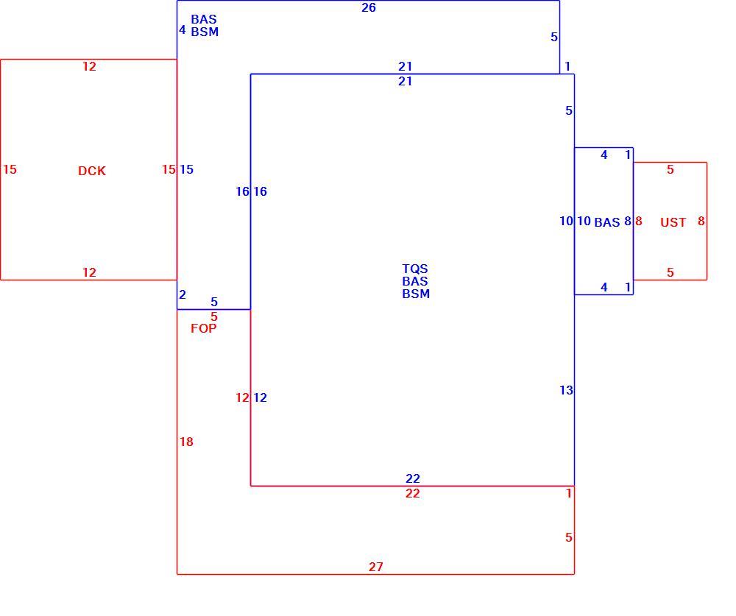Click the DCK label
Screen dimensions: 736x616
click(x=92, y=171)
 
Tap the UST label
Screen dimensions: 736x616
click(x=673, y=222)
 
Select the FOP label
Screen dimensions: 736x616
click(x=204, y=328)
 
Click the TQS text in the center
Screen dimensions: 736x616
click(x=415, y=269)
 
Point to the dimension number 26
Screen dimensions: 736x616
click(x=369, y=7)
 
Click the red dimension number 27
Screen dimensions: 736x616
click(x=375, y=567)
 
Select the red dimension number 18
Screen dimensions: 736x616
click(x=186, y=442)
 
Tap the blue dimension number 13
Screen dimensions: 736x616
click(x=566, y=390)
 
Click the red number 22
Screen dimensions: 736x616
click(x=413, y=493)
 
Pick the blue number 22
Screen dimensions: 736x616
click(x=413, y=478)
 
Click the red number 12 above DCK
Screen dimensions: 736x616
click(x=89, y=67)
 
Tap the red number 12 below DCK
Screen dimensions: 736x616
click(x=89, y=272)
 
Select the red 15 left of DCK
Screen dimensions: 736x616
click(x=10, y=169)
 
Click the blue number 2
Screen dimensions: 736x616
click(x=183, y=294)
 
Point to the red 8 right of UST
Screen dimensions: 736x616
click(x=701, y=221)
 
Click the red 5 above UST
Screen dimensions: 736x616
click(x=670, y=169)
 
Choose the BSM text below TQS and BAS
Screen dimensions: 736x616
click(x=416, y=294)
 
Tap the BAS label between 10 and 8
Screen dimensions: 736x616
click(x=607, y=222)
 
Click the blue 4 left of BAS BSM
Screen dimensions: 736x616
click(x=183, y=30)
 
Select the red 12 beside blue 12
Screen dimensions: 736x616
click(x=242, y=397)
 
